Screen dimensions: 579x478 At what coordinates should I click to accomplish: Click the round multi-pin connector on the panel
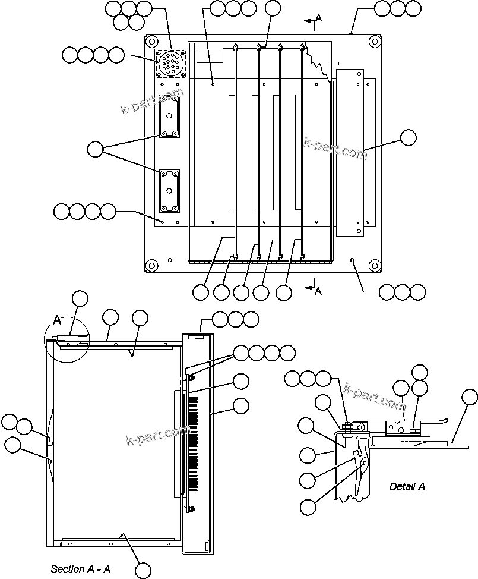click(170, 62)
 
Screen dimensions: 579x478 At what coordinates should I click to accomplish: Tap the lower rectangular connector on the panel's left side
click(169, 191)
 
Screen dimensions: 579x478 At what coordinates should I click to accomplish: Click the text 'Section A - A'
click(80, 569)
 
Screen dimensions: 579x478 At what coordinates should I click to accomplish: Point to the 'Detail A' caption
click(407, 486)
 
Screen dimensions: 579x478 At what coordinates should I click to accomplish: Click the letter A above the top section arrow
click(318, 18)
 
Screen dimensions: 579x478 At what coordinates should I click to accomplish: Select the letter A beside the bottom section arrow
click(318, 291)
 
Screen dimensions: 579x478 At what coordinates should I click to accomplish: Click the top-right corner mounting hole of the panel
click(373, 42)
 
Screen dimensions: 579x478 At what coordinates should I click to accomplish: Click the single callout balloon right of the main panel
click(408, 137)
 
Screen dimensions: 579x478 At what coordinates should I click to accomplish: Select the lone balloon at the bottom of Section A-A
click(143, 570)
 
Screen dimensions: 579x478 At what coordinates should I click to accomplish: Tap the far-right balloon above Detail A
click(469, 397)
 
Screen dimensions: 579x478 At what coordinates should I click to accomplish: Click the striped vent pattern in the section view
click(194, 443)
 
